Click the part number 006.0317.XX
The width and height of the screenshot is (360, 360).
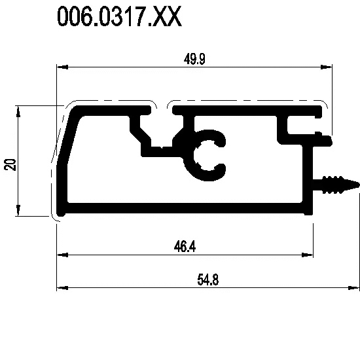point(119,16)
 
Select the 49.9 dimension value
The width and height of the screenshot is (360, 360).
point(194,59)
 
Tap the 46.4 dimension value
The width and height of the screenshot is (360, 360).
point(185,247)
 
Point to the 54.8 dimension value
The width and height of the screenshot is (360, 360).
point(208,279)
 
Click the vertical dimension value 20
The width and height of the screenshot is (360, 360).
point(10,164)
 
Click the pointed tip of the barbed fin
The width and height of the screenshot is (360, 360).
point(359,185)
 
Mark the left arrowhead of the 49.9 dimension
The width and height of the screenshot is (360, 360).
point(62,67)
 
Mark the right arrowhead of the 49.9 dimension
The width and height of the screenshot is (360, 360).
point(326,67)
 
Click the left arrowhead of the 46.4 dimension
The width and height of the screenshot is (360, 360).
point(62,255)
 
